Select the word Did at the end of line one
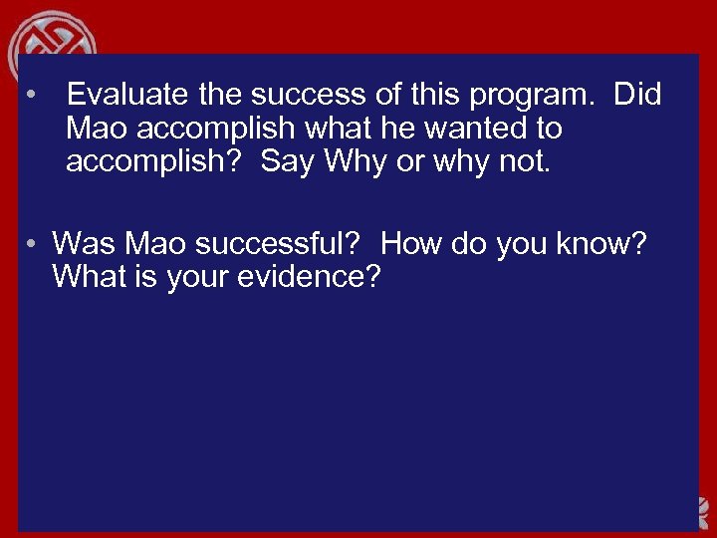pos(637,96)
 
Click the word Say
pos(287,161)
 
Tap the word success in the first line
pos(303,96)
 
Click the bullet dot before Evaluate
pos(33,97)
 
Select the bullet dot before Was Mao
pos(33,244)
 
